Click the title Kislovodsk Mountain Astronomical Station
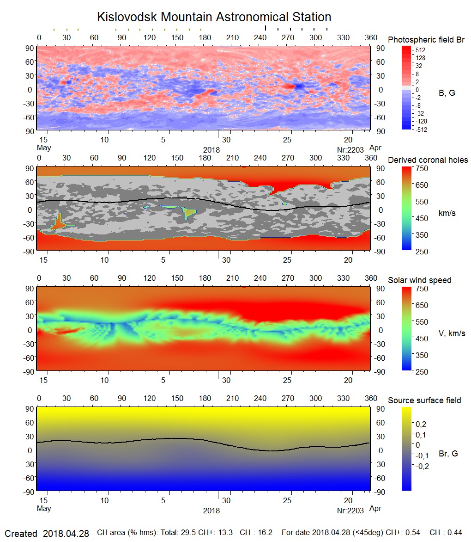tap(214, 17)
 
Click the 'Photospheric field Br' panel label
tap(426, 40)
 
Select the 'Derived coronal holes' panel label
tap(428, 160)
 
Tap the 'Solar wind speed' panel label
tap(420, 280)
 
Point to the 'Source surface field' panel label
tap(424, 400)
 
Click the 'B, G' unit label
tap(447, 93)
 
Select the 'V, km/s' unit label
tap(452, 333)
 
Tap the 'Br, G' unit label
tap(448, 454)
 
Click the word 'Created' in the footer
tap(21, 534)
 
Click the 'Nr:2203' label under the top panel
tap(350, 149)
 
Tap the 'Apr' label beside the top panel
tap(376, 148)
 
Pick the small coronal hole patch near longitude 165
tap(189, 212)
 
